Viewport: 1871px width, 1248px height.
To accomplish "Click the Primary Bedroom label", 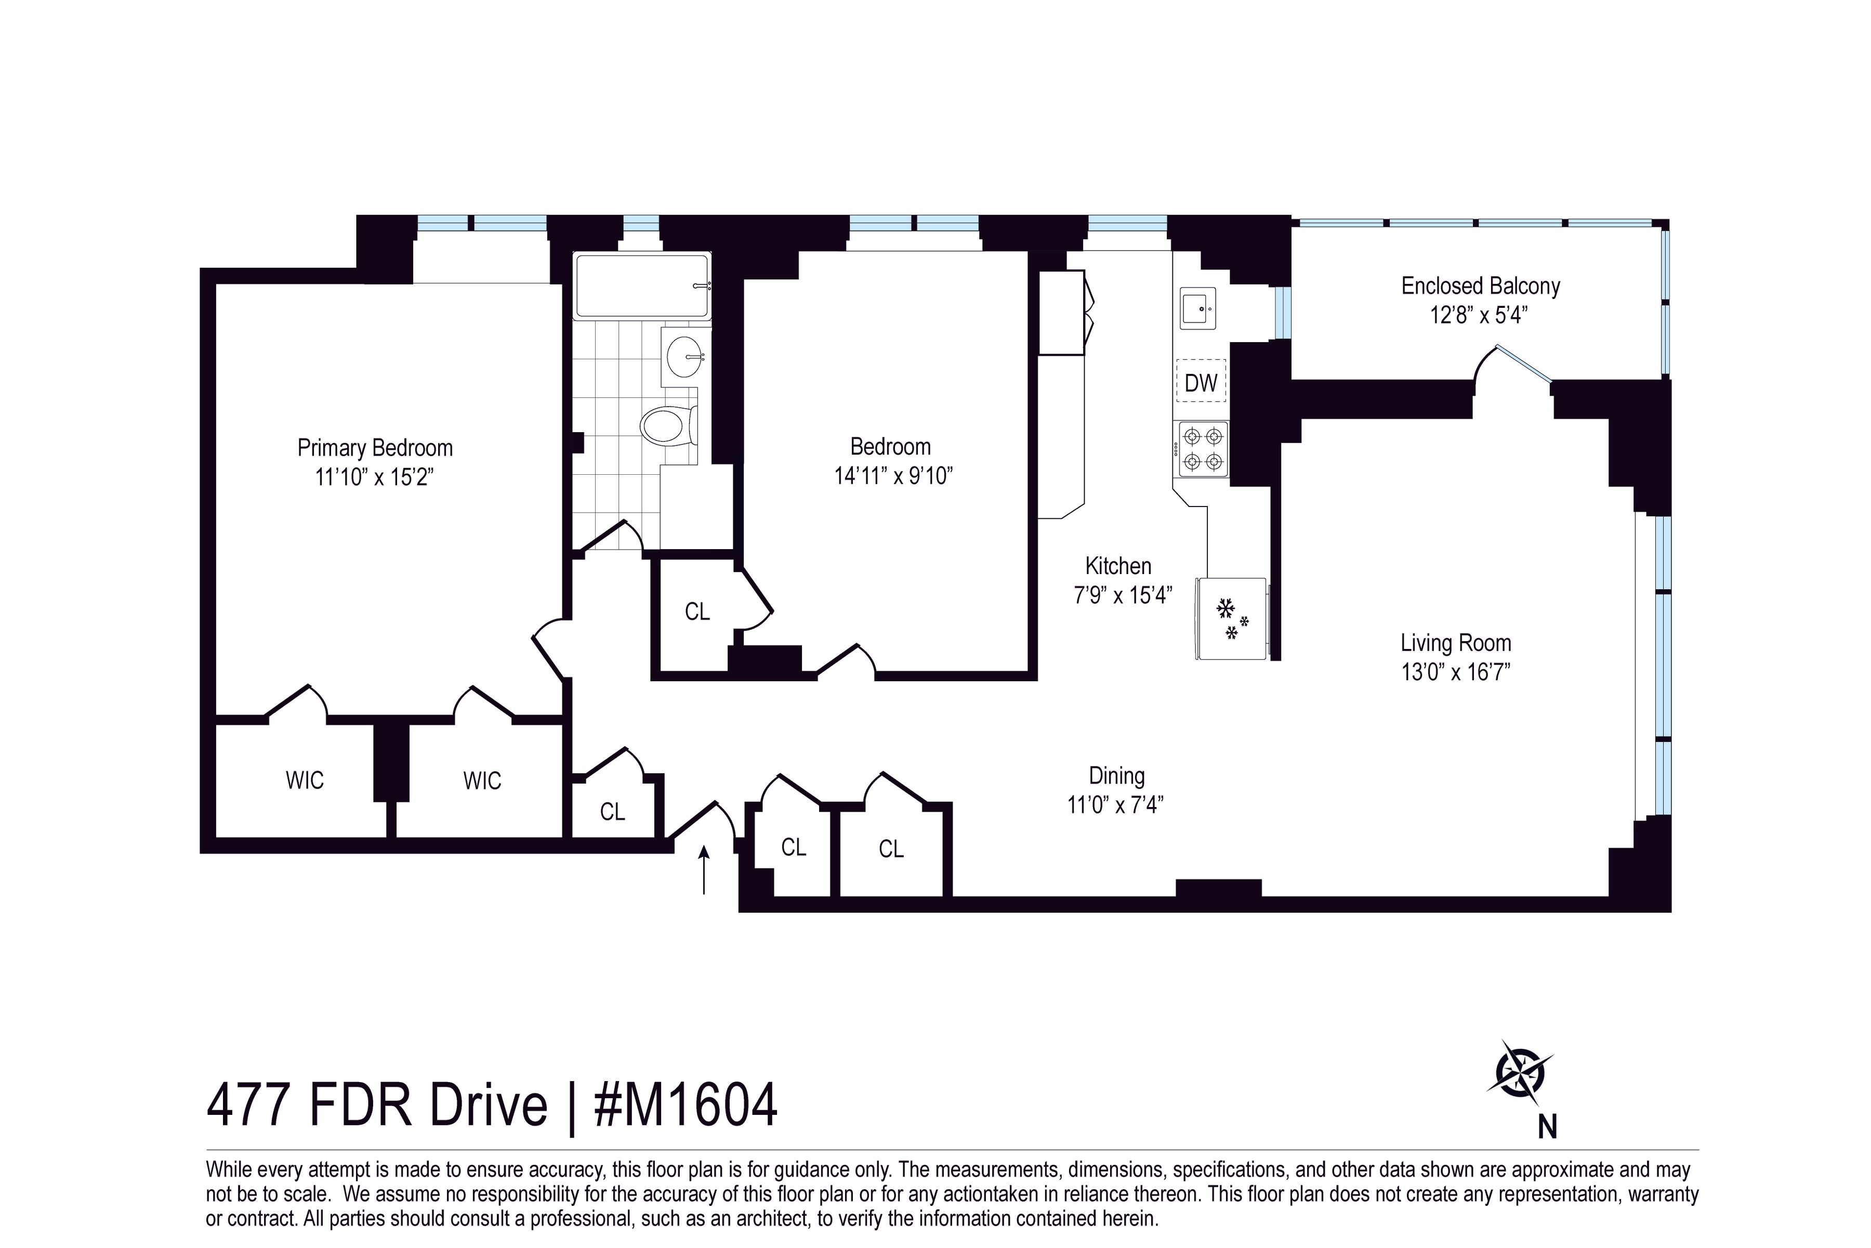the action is tap(375, 448).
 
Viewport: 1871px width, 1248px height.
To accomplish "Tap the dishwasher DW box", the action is tap(1201, 383).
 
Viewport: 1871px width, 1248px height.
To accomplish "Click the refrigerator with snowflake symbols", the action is tap(1231, 618).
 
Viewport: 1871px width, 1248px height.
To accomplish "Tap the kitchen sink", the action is tap(1198, 308).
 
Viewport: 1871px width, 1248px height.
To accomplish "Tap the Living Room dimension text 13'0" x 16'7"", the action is tap(1456, 672).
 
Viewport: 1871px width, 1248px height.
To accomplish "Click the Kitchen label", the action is tap(1118, 567).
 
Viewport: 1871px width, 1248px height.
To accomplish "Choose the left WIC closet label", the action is tap(305, 780).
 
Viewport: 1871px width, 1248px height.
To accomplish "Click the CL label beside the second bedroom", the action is tap(697, 612).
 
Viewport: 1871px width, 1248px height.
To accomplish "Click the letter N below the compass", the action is tap(1547, 1127).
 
